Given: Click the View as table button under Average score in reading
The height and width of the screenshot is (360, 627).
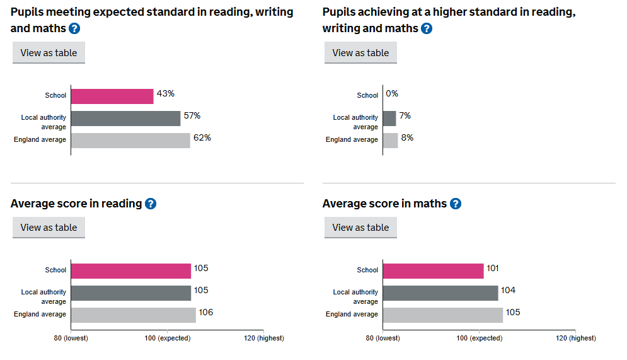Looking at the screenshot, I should click(49, 228).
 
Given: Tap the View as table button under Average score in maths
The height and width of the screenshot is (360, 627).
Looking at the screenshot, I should click(360, 228).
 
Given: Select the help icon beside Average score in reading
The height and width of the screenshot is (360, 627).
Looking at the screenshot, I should click(151, 204).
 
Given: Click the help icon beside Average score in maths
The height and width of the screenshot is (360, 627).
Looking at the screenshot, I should click(456, 204).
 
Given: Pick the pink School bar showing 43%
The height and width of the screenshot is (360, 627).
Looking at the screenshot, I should click(112, 96).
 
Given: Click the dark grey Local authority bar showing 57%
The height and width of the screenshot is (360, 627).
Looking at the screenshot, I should click(125, 118).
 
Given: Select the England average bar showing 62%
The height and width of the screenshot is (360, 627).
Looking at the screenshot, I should click(130, 140).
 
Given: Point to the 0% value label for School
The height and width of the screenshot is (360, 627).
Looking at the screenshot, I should click(392, 94).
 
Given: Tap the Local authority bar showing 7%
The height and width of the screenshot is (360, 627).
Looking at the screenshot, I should click(389, 118).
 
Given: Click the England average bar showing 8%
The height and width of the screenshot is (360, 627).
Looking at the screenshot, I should click(390, 140).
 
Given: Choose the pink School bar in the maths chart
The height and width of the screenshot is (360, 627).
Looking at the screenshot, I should click(433, 270).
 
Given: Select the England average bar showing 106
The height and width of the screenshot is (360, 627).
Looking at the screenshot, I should click(133, 315).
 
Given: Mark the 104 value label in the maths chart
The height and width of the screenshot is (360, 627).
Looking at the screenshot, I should click(509, 291).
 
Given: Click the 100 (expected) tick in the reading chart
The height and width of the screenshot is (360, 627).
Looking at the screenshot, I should click(167, 338).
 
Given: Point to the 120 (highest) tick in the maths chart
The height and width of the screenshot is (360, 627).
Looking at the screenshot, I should click(575, 338).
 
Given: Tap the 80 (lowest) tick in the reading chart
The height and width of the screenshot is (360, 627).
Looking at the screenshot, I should click(71, 338).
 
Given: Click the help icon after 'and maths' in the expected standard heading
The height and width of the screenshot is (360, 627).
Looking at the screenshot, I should click(74, 28).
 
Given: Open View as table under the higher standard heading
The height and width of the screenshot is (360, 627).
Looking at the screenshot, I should click(360, 53).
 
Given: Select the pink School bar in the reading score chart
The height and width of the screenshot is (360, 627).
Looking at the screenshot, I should click(130, 270).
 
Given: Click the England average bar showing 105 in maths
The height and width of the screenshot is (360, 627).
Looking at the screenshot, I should click(442, 315).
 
